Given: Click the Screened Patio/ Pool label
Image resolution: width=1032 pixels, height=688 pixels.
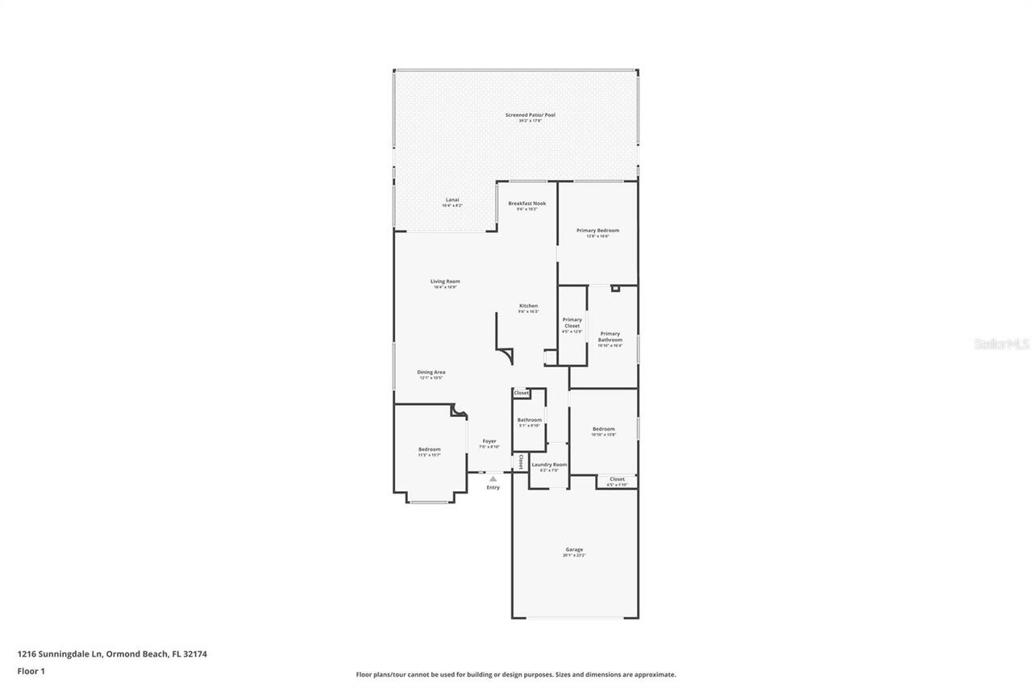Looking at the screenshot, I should pyautogui.click(x=530, y=115).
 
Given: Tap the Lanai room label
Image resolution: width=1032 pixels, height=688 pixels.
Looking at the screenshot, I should pyautogui.click(x=451, y=200).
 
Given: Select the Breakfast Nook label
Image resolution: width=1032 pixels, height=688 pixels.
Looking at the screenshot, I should pyautogui.click(x=526, y=203).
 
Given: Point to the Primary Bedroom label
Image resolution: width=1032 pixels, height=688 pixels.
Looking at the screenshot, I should pyautogui.click(x=597, y=231).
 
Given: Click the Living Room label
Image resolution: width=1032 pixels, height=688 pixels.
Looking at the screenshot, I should pyautogui.click(x=445, y=281).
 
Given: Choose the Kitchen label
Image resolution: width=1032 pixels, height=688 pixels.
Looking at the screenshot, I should pyautogui.click(x=528, y=306).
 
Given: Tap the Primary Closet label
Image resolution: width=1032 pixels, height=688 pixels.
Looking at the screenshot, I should pyautogui.click(x=572, y=323).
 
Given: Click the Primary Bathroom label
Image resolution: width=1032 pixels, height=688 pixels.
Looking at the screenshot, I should pyautogui.click(x=610, y=336).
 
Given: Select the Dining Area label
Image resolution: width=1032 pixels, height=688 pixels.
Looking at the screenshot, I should pyautogui.click(x=431, y=373).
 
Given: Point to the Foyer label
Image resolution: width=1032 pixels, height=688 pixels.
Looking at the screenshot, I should pyautogui.click(x=489, y=441).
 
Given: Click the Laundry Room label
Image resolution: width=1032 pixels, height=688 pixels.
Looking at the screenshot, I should pyautogui.click(x=549, y=465).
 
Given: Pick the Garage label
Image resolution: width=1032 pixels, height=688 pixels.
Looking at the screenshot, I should pyautogui.click(x=574, y=550).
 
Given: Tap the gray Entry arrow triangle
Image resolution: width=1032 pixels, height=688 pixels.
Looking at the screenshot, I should pyautogui.click(x=493, y=479).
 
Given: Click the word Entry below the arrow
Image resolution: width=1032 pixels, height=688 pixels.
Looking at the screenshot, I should pyautogui.click(x=493, y=487).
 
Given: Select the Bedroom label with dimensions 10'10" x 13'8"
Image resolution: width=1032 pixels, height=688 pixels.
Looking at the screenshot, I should pyautogui.click(x=603, y=429).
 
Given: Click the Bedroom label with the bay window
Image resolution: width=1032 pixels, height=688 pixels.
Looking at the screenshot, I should pyautogui.click(x=429, y=449).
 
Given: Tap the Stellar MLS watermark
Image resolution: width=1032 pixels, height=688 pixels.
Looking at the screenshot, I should pyautogui.click(x=1001, y=344).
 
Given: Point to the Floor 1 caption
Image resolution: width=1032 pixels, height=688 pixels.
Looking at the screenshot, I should pyautogui.click(x=31, y=671).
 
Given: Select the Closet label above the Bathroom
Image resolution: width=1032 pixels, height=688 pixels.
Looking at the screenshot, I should pyautogui.click(x=522, y=393).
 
